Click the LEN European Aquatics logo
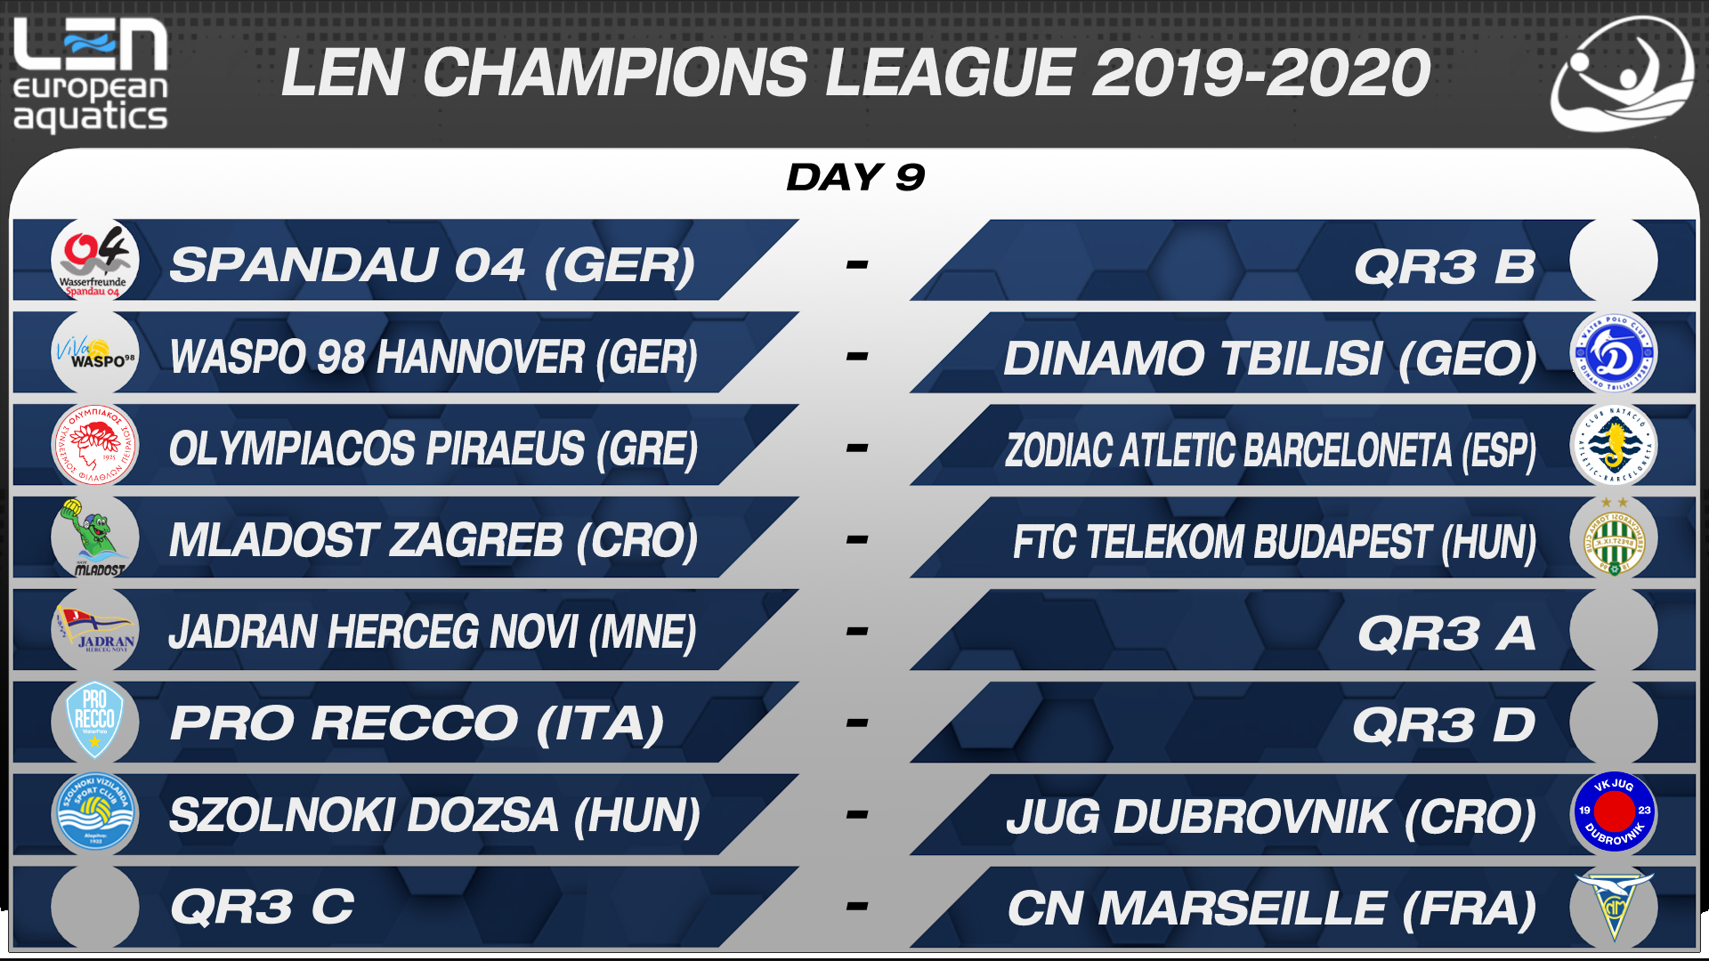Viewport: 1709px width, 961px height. tap(90, 76)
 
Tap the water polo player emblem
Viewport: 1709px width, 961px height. tap(1622, 75)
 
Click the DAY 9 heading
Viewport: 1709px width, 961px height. tap(855, 177)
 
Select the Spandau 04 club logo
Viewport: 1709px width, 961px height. tap(95, 261)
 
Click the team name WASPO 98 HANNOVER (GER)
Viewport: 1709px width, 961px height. tap(433, 357)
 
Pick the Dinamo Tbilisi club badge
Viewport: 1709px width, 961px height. tap(1613, 353)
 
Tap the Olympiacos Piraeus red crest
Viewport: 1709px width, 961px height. tap(95, 445)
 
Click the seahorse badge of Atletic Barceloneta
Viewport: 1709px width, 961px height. tap(1613, 445)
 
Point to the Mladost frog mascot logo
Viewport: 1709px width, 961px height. tap(94, 537)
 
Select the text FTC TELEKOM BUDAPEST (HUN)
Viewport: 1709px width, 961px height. tap(1275, 542)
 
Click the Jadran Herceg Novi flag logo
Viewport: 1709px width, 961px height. tap(95, 629)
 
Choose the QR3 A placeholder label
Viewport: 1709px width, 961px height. tap(1446, 634)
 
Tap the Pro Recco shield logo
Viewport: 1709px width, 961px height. tap(95, 721)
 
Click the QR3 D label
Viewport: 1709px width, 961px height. tap(1444, 725)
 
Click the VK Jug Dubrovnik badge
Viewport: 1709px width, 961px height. tap(1614, 812)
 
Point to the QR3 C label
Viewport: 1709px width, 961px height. tap(262, 907)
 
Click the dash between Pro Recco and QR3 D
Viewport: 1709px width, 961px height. tap(856, 723)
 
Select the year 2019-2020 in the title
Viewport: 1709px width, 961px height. tap(1261, 73)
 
